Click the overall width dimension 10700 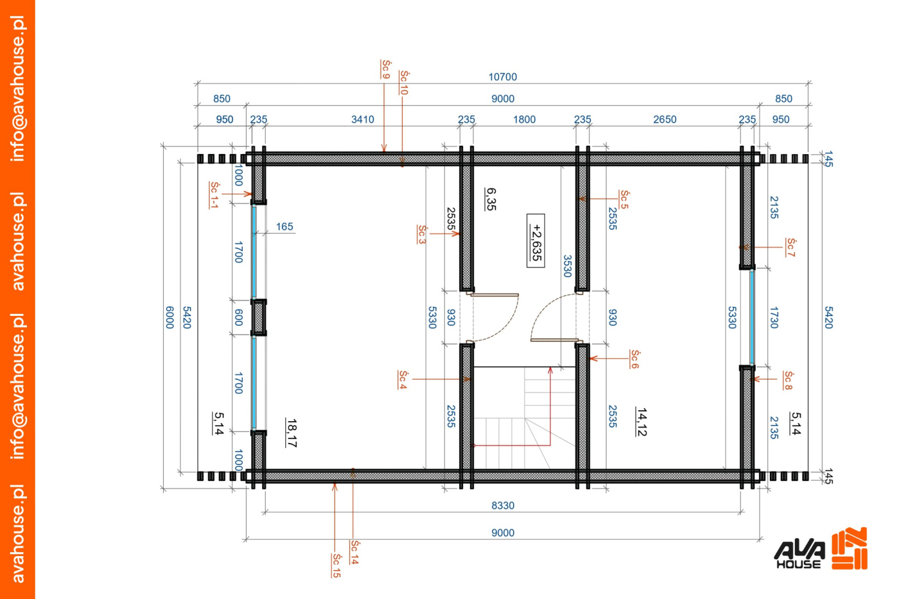click(x=502, y=76)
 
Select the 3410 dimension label click(x=362, y=119)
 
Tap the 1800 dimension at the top click(x=524, y=119)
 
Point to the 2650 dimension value click(x=665, y=119)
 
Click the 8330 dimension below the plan click(x=502, y=505)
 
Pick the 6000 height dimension click(x=170, y=317)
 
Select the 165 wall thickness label click(x=284, y=227)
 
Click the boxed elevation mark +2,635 click(x=536, y=241)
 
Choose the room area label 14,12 click(x=642, y=422)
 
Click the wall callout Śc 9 click(x=385, y=69)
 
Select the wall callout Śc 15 click(x=336, y=566)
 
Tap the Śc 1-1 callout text click(x=214, y=195)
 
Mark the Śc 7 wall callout click(x=790, y=247)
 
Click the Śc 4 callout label click(x=403, y=379)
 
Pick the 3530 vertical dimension click(x=567, y=266)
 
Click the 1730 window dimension click(x=774, y=317)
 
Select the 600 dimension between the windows click(x=238, y=317)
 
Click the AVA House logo click(x=821, y=549)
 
